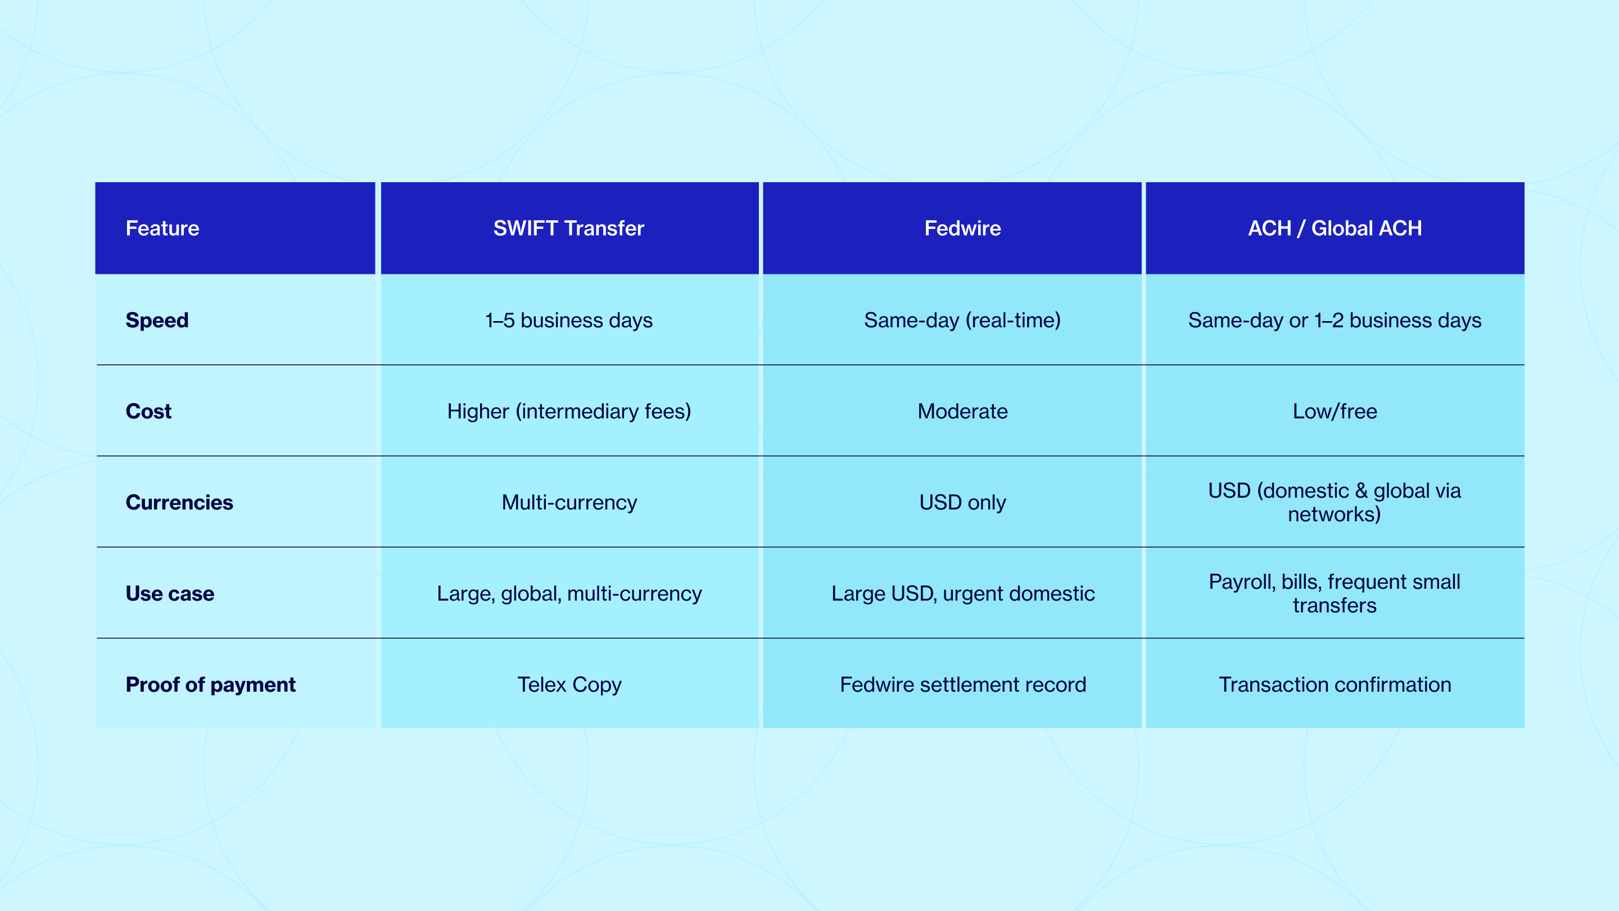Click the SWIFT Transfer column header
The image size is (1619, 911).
[x=569, y=228]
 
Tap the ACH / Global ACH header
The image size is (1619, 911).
[x=1335, y=228]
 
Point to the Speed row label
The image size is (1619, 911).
[x=157, y=320]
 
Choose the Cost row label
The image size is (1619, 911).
[x=148, y=411]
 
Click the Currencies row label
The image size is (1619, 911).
[x=179, y=502]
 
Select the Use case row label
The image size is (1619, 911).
[x=170, y=593]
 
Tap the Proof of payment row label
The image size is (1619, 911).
[x=211, y=685]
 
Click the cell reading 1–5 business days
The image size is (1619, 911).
[x=569, y=321]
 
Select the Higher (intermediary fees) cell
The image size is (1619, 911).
[x=569, y=411]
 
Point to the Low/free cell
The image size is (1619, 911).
[x=1335, y=411]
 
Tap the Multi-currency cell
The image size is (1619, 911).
[x=569, y=503]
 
